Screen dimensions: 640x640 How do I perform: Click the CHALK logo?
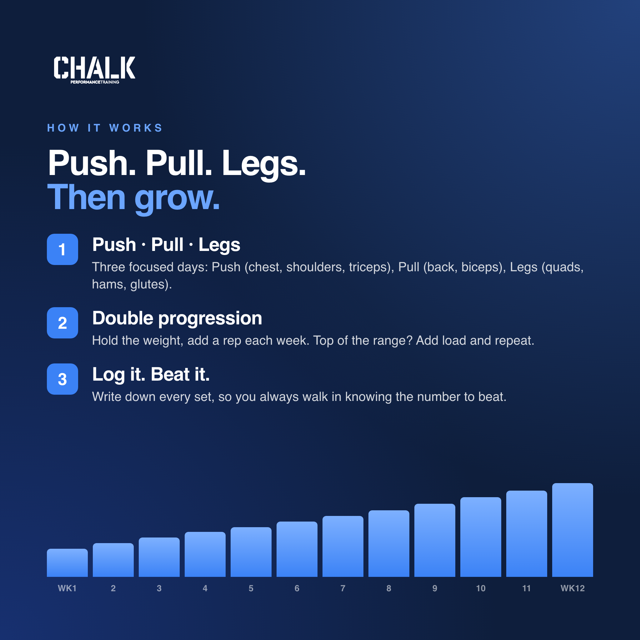[94, 70]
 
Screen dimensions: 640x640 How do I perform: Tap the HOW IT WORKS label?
[105, 128]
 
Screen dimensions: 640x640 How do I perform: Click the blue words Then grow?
[133, 198]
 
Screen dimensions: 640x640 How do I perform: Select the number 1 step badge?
[62, 249]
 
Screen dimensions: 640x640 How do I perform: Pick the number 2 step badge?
[62, 322]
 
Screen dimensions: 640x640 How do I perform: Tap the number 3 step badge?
[62, 379]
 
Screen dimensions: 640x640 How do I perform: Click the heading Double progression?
[177, 319]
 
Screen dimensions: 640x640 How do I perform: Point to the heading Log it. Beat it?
[151, 375]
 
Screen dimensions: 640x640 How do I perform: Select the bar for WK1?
[67, 562]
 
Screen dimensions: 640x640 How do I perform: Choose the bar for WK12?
[572, 530]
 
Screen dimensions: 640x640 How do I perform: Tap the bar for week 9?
[435, 540]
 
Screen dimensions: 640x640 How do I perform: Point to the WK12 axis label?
[572, 588]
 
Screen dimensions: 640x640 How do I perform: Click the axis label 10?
[481, 588]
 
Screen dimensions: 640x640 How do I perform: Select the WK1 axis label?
[67, 588]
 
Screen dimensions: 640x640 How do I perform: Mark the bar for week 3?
[159, 557]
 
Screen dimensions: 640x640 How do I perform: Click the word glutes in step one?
[147, 285]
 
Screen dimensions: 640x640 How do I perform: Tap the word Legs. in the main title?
[264, 163]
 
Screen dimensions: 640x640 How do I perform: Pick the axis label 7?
[343, 588]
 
